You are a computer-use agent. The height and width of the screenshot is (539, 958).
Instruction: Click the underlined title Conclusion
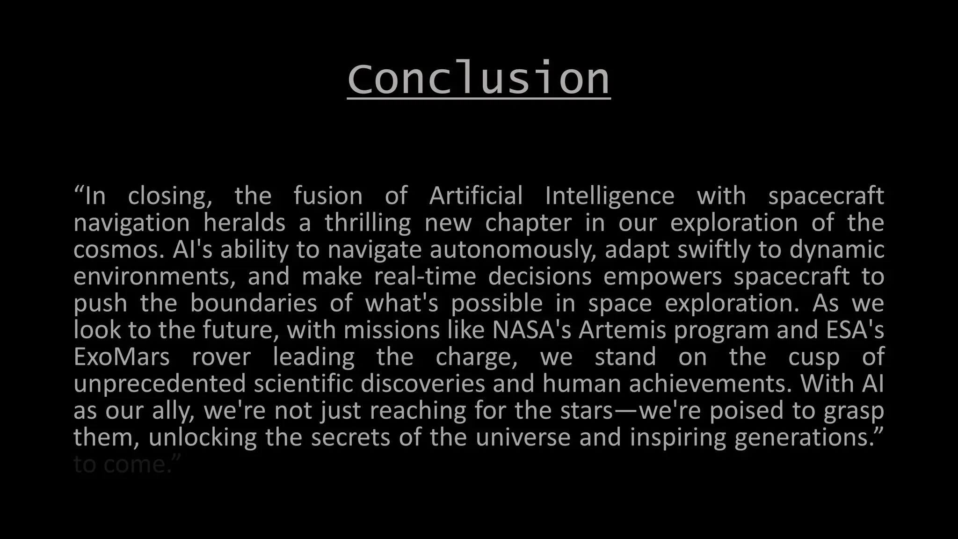pos(479,78)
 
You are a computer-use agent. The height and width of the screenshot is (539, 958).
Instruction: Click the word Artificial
pos(476,196)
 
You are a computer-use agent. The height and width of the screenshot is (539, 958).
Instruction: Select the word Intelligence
pos(610,196)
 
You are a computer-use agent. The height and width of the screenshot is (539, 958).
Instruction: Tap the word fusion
pos(328,196)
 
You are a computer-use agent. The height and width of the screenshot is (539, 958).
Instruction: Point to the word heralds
pos(244,223)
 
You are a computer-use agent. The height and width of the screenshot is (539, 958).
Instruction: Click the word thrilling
pos(368,223)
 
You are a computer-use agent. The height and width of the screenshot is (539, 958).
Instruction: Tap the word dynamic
pos(837,250)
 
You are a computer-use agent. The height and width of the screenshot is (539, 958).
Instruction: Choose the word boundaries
pos(254,303)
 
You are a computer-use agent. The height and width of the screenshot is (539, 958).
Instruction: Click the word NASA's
pos(531,330)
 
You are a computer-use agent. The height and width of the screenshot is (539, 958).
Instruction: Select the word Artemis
pos(622,330)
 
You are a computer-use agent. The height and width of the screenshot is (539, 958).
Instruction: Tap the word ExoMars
pos(122,357)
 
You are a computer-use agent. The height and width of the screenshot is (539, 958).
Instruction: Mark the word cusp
pos(814,357)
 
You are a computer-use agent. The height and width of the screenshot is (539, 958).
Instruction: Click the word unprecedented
pos(160,384)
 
